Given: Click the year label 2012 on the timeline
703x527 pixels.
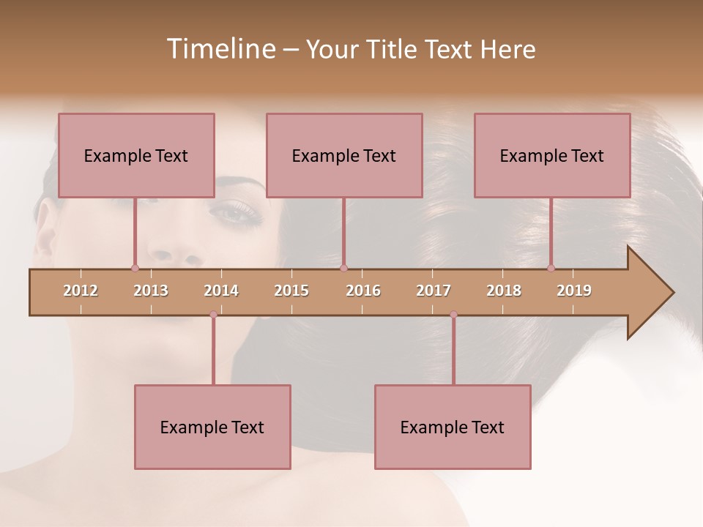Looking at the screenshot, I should (x=81, y=291).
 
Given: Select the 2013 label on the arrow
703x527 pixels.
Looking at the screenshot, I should (x=151, y=291).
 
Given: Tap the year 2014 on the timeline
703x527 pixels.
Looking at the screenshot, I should (x=221, y=291).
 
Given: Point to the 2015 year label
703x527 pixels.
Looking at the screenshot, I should (x=291, y=291).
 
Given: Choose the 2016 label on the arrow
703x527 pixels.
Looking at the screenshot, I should (x=363, y=291).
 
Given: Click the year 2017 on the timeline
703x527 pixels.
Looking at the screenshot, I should (x=434, y=291).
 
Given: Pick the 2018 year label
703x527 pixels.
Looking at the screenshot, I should (x=504, y=291).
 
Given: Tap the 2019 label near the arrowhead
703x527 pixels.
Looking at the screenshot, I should (x=574, y=291).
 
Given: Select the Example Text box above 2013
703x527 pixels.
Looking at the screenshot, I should (x=136, y=155).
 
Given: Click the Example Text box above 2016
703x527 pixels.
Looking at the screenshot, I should (x=344, y=155).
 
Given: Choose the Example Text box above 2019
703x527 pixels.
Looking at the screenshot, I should (x=552, y=155).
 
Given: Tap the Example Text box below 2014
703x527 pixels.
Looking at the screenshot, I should (x=212, y=427).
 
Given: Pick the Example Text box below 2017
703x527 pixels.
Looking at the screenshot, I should (x=453, y=427).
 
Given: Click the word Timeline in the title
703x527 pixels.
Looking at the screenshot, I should (x=220, y=49).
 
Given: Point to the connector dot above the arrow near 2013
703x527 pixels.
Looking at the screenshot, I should (x=135, y=268).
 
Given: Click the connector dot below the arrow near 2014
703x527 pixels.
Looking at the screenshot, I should (x=213, y=315).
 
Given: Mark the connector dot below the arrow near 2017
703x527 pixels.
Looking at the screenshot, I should (x=453, y=315).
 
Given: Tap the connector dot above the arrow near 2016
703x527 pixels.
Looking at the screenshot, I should (x=343, y=268).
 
